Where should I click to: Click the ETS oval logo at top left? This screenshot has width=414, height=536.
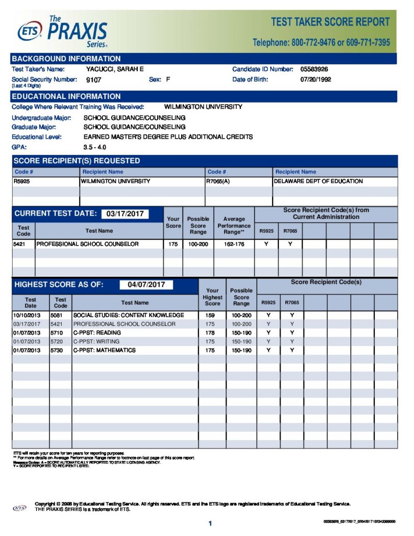(x=29, y=33)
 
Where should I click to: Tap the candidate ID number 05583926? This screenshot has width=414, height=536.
(x=314, y=69)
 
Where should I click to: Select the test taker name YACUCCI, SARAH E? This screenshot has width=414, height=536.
(x=115, y=69)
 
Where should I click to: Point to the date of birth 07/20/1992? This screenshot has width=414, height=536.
(x=316, y=80)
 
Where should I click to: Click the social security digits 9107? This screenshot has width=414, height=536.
(x=93, y=80)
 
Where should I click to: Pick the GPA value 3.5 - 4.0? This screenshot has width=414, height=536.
(x=95, y=147)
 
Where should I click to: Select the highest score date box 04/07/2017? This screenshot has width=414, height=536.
(x=146, y=285)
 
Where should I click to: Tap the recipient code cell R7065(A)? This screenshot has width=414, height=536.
(x=219, y=181)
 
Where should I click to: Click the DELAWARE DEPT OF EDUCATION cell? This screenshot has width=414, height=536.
(x=318, y=181)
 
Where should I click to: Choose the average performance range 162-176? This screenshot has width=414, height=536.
(x=234, y=244)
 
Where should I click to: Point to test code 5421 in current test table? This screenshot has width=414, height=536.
(x=20, y=244)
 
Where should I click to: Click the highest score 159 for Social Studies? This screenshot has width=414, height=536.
(x=210, y=315)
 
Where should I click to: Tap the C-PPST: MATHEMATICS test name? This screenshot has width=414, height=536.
(x=104, y=350)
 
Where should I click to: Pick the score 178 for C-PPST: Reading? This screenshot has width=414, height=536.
(x=210, y=332)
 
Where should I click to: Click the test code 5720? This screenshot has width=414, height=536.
(x=58, y=341)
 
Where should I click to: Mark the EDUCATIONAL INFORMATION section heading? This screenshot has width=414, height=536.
(x=66, y=96)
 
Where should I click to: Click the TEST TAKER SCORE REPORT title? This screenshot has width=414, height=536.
(x=330, y=22)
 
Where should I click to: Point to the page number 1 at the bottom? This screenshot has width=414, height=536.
(x=210, y=523)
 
